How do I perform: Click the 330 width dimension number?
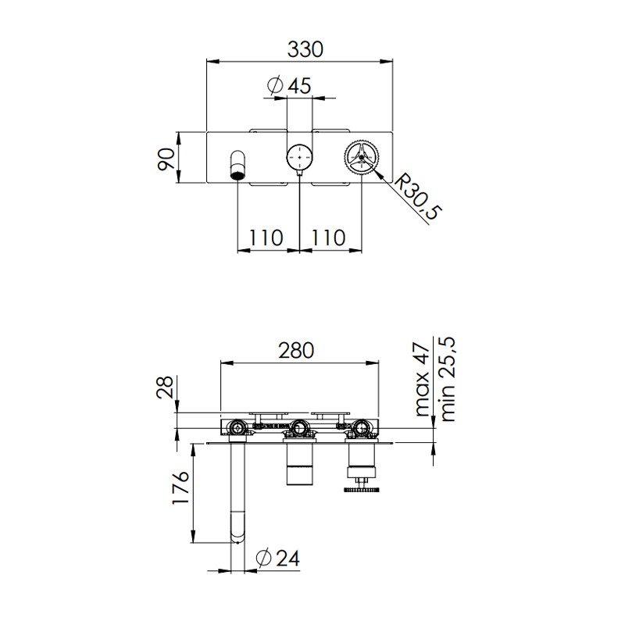tap(305, 50)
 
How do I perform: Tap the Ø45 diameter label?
tap(289, 85)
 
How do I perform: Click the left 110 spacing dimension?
tap(266, 238)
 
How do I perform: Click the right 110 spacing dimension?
tap(328, 238)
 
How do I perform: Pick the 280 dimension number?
tap(296, 350)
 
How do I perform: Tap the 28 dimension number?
tap(165, 387)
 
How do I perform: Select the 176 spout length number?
tap(180, 487)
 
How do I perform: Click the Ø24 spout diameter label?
tap(278, 558)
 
